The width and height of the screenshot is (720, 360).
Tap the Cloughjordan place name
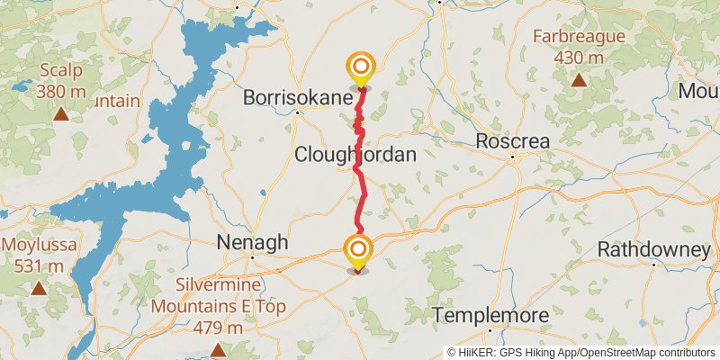[355, 155]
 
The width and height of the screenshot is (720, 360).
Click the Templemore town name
[491, 316]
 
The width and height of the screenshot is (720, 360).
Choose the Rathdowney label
[653, 248]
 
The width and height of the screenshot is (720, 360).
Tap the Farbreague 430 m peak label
[579, 48]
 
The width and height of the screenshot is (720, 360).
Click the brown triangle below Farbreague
[579, 80]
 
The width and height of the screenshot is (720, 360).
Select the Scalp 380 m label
[60, 80]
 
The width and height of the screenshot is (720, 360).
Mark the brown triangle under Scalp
[60, 113]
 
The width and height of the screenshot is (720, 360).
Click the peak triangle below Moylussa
[39, 288]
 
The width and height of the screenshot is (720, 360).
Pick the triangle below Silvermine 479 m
[218, 349]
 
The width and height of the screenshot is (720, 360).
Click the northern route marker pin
[360, 67]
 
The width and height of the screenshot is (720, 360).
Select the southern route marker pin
[358, 250]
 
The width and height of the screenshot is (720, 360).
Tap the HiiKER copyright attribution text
[581, 352]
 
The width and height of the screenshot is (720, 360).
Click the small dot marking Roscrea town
[512, 158]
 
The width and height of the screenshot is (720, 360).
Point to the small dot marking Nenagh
[253, 257]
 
